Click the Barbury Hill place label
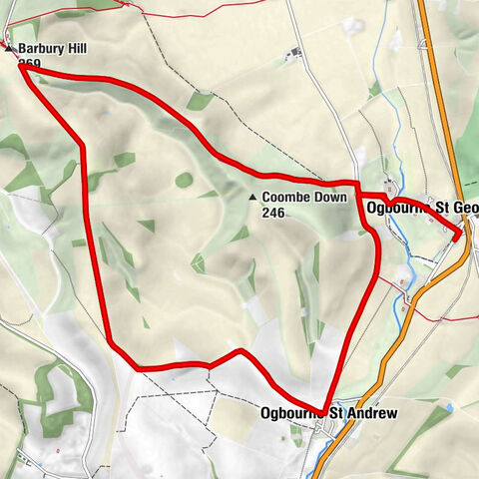point(50,47)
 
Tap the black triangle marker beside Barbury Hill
point(9,47)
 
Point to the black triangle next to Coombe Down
point(252,198)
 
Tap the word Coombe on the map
point(284,198)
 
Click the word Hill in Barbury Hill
point(76,47)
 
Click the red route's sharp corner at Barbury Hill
point(21,66)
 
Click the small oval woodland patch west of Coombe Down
point(184,180)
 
